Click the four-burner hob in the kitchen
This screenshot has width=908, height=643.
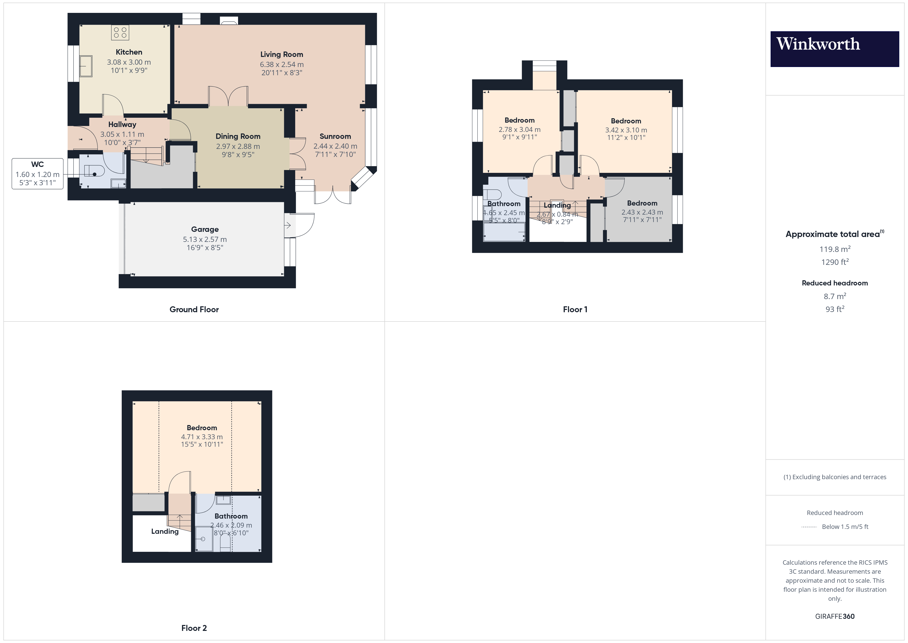120,32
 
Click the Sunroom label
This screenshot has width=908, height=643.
335,137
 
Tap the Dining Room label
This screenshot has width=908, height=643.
238,137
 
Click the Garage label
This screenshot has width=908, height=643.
205,229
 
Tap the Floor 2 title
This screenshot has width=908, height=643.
194,628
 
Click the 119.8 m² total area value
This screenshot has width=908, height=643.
834,249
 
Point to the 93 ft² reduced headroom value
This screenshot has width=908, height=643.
834,309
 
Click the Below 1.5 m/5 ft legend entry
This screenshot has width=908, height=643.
845,527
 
